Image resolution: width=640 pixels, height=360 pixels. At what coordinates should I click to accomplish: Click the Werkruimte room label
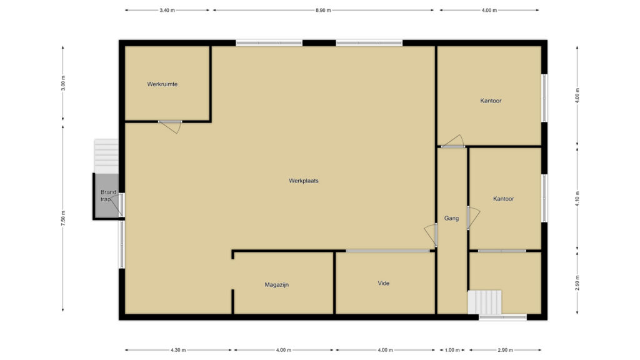pyautogui.click(x=162, y=84)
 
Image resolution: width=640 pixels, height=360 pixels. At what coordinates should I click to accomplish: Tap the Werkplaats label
pyautogui.click(x=304, y=181)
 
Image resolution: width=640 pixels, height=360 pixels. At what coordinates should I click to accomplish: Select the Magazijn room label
pyautogui.click(x=277, y=285)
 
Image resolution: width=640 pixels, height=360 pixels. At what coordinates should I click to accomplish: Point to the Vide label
pyautogui.click(x=384, y=283)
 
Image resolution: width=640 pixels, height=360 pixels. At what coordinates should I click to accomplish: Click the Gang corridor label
pyautogui.click(x=451, y=218)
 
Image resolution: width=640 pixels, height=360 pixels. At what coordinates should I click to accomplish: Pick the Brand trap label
pyautogui.click(x=108, y=196)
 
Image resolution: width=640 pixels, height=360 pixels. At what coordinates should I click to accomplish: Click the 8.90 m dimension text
pyautogui.click(x=323, y=10)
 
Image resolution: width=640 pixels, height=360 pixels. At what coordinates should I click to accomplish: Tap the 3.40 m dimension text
pyautogui.click(x=167, y=10)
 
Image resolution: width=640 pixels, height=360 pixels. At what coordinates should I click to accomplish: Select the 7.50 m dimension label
pyautogui.click(x=63, y=218)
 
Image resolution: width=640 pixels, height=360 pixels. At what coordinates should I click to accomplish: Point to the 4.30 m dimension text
pyautogui.click(x=178, y=350)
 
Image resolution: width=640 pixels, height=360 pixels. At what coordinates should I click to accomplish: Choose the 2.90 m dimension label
pyautogui.click(x=505, y=350)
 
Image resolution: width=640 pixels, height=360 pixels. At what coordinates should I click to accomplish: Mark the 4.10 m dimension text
pyautogui.click(x=577, y=199)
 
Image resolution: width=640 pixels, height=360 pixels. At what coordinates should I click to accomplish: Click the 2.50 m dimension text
pyautogui.click(x=577, y=283)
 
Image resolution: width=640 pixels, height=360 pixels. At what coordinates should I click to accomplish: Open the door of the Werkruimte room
pyautogui.click(x=170, y=126)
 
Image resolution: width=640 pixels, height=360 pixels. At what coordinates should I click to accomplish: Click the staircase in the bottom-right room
pyautogui.click(x=484, y=302)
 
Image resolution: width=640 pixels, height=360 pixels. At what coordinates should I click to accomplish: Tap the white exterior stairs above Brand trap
pyautogui.click(x=106, y=156)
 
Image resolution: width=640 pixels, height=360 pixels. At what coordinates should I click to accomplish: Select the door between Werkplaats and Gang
pyautogui.click(x=431, y=235)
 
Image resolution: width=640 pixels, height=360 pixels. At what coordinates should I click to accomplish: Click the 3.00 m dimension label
pyautogui.click(x=63, y=83)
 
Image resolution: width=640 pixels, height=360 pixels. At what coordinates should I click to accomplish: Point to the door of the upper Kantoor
pyautogui.click(x=453, y=141)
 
